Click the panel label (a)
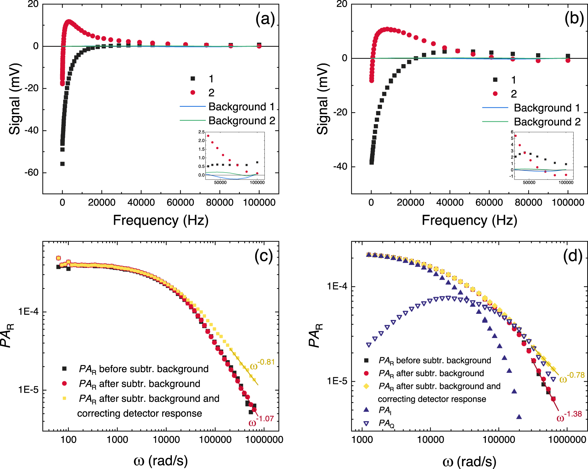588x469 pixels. coord(265,19)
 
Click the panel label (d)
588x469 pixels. coord(573,256)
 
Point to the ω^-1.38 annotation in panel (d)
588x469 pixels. coord(569,416)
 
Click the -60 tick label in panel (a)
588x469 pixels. coord(31,173)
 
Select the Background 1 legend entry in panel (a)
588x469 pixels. coord(241,107)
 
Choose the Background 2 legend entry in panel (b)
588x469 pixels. coord(547,122)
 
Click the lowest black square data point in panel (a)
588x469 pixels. coord(63,164)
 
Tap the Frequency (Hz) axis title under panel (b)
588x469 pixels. coord(469,220)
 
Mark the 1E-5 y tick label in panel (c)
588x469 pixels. coord(28,390)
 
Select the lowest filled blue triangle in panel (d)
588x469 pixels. coord(519,416)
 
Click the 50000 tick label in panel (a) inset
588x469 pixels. coord(220,182)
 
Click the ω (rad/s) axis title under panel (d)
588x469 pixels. coord(469,461)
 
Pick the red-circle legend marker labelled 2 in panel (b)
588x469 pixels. coord(495,94)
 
